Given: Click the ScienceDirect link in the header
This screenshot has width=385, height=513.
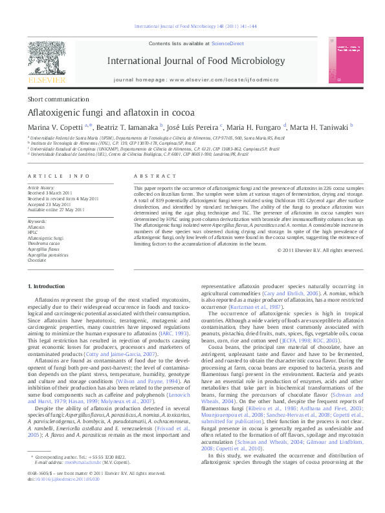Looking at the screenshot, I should point(228,43).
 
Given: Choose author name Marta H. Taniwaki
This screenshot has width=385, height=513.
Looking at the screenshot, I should point(320,127).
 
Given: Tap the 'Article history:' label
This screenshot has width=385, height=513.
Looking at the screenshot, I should point(41,185).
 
